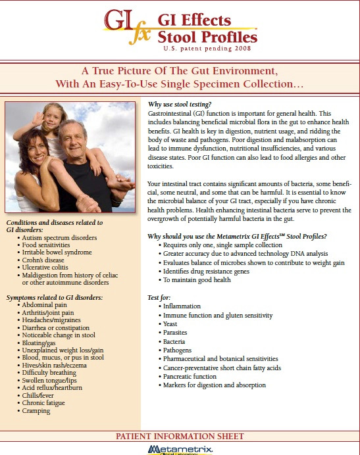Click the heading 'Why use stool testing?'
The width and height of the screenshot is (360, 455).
point(180,105)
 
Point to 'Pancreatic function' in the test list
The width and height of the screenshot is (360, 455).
point(190,376)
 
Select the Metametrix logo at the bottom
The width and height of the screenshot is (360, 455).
point(180,449)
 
